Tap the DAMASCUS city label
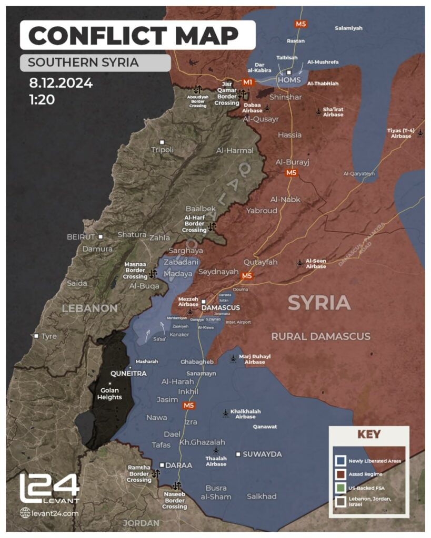point(221,307)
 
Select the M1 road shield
point(247,82)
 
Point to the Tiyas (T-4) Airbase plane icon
point(419,132)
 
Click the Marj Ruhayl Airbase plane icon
point(234,358)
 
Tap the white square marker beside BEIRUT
point(101,237)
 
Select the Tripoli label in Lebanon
point(162,150)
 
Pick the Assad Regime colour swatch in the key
point(340,474)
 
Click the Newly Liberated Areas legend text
point(375,461)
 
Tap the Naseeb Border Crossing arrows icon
point(176,486)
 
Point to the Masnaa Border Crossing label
point(135,271)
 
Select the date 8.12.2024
point(61,83)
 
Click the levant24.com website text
point(55,513)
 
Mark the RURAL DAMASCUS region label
point(320,336)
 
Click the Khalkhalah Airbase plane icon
point(226,413)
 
